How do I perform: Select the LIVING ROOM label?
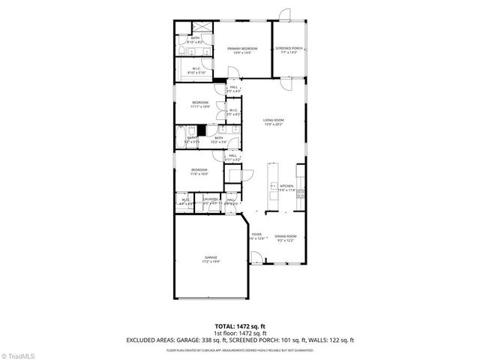pyautogui.click(x=273, y=122)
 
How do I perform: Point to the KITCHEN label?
pyautogui.click(x=286, y=187)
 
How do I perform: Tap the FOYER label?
pyautogui.click(x=256, y=236)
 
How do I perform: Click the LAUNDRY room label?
pyautogui.click(x=210, y=199)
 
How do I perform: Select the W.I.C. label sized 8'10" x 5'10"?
pyautogui.click(x=196, y=70)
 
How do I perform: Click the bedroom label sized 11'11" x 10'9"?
pyautogui.click(x=199, y=105)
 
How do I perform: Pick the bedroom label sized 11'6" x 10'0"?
pyautogui.click(x=199, y=172)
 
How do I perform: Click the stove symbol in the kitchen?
pyautogui.click(x=300, y=193)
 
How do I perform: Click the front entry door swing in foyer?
pyautogui.click(x=256, y=257)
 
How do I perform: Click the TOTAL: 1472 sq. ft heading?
pyautogui.click(x=240, y=326)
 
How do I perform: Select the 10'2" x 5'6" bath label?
pyautogui.click(x=218, y=139)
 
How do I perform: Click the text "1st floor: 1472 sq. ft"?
pyautogui.click(x=240, y=333)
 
